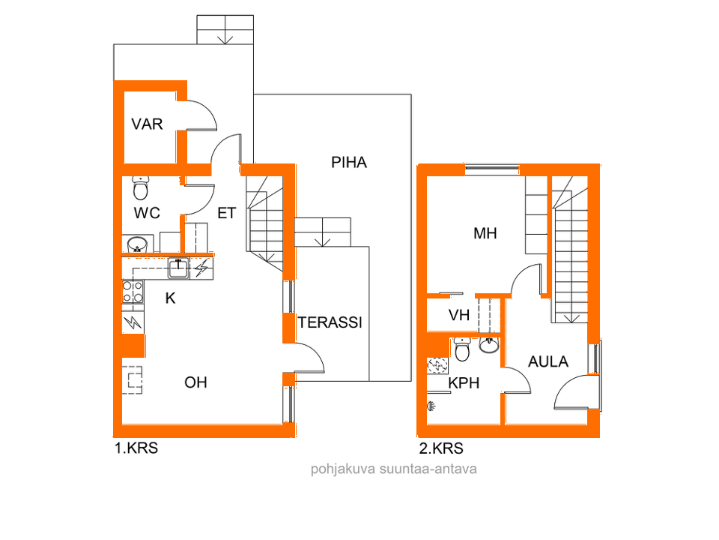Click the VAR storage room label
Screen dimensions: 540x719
pyautogui.click(x=147, y=124)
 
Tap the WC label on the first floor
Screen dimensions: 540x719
pyautogui.click(x=147, y=213)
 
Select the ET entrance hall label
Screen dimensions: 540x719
pyautogui.click(x=226, y=214)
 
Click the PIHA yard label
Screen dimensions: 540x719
pyautogui.click(x=349, y=162)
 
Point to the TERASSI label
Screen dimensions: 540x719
pyautogui.click(x=330, y=323)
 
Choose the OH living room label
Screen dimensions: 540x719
pyautogui.click(x=195, y=382)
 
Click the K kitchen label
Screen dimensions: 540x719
pyautogui.click(x=170, y=298)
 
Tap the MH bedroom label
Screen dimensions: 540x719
pyautogui.click(x=485, y=234)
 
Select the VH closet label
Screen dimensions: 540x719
pyautogui.click(x=459, y=316)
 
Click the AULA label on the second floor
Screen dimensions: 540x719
pyautogui.click(x=548, y=361)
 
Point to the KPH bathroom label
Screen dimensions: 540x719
pyautogui.click(x=464, y=383)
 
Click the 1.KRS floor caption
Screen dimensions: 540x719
pyautogui.click(x=136, y=449)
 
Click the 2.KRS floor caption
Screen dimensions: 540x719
pyautogui.click(x=440, y=449)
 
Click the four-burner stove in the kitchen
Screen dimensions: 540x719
pyautogui.click(x=133, y=292)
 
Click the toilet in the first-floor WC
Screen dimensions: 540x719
pyautogui.click(x=140, y=181)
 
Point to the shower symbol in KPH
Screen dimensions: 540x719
pyautogui.click(x=431, y=406)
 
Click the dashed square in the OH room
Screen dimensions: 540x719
pyautogui.click(x=134, y=379)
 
